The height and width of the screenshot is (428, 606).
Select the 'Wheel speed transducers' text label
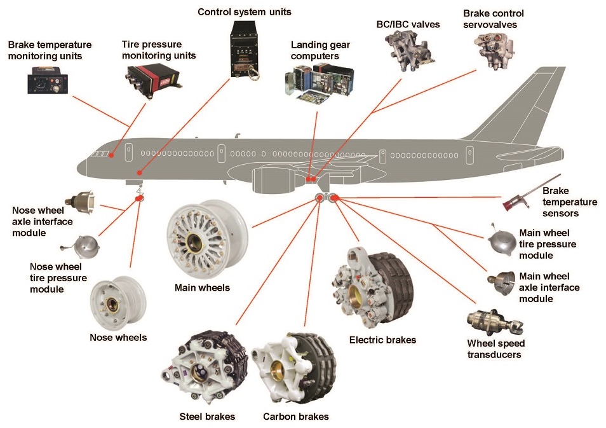tap(495, 349)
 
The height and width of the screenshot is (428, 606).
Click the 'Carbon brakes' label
tap(295, 417)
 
